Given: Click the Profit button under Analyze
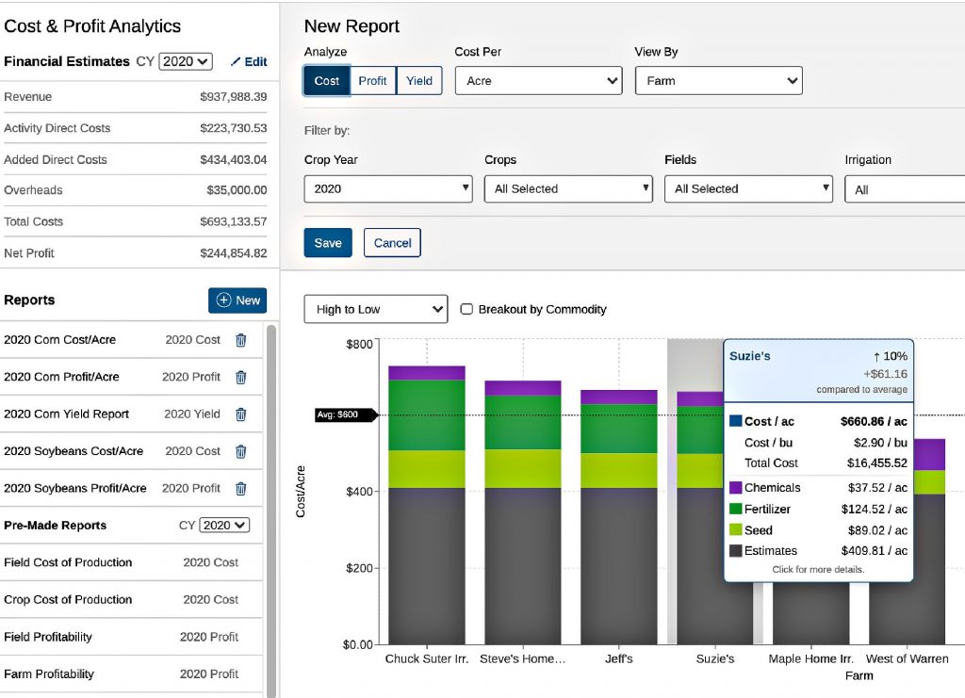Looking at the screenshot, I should (372, 81).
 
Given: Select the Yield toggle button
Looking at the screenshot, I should (419, 81).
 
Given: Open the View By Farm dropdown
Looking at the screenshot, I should (718, 81).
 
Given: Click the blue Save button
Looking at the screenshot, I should (328, 243).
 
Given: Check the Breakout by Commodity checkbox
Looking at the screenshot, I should (466, 309).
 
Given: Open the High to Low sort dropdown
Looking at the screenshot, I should (375, 309).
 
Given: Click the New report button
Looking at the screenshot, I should (237, 300).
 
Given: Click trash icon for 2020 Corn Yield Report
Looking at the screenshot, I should (240, 414).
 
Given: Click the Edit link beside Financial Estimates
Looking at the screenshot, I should (249, 61).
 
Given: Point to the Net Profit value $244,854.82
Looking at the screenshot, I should (233, 253).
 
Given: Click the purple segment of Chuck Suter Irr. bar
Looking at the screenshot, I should (427, 373).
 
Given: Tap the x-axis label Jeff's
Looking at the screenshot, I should (618, 659).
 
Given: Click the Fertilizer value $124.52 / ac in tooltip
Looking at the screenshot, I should (874, 510).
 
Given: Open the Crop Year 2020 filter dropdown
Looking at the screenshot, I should (388, 189).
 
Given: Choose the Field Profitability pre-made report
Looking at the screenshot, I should (48, 637).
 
